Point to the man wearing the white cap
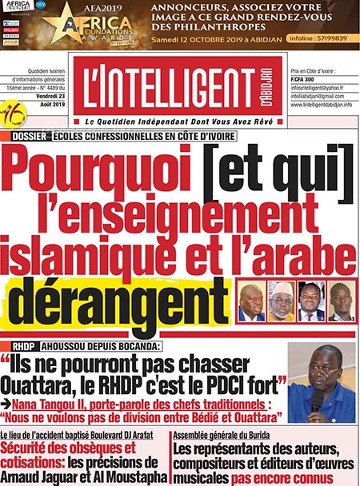coord(281,301)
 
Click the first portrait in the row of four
coord(250,302)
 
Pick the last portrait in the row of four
coord(340,302)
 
